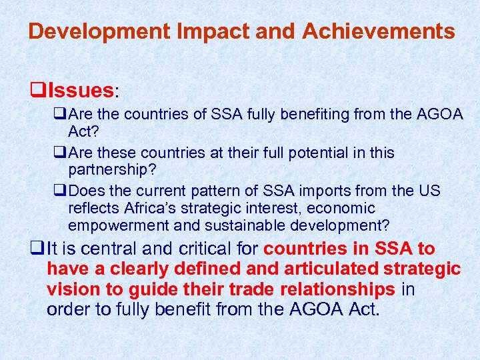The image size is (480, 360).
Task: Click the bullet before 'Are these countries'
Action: pyautogui.click(x=61, y=153)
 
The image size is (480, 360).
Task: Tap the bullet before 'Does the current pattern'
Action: pyautogui.click(x=61, y=191)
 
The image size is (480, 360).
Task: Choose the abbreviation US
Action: pyautogui.click(x=431, y=191)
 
